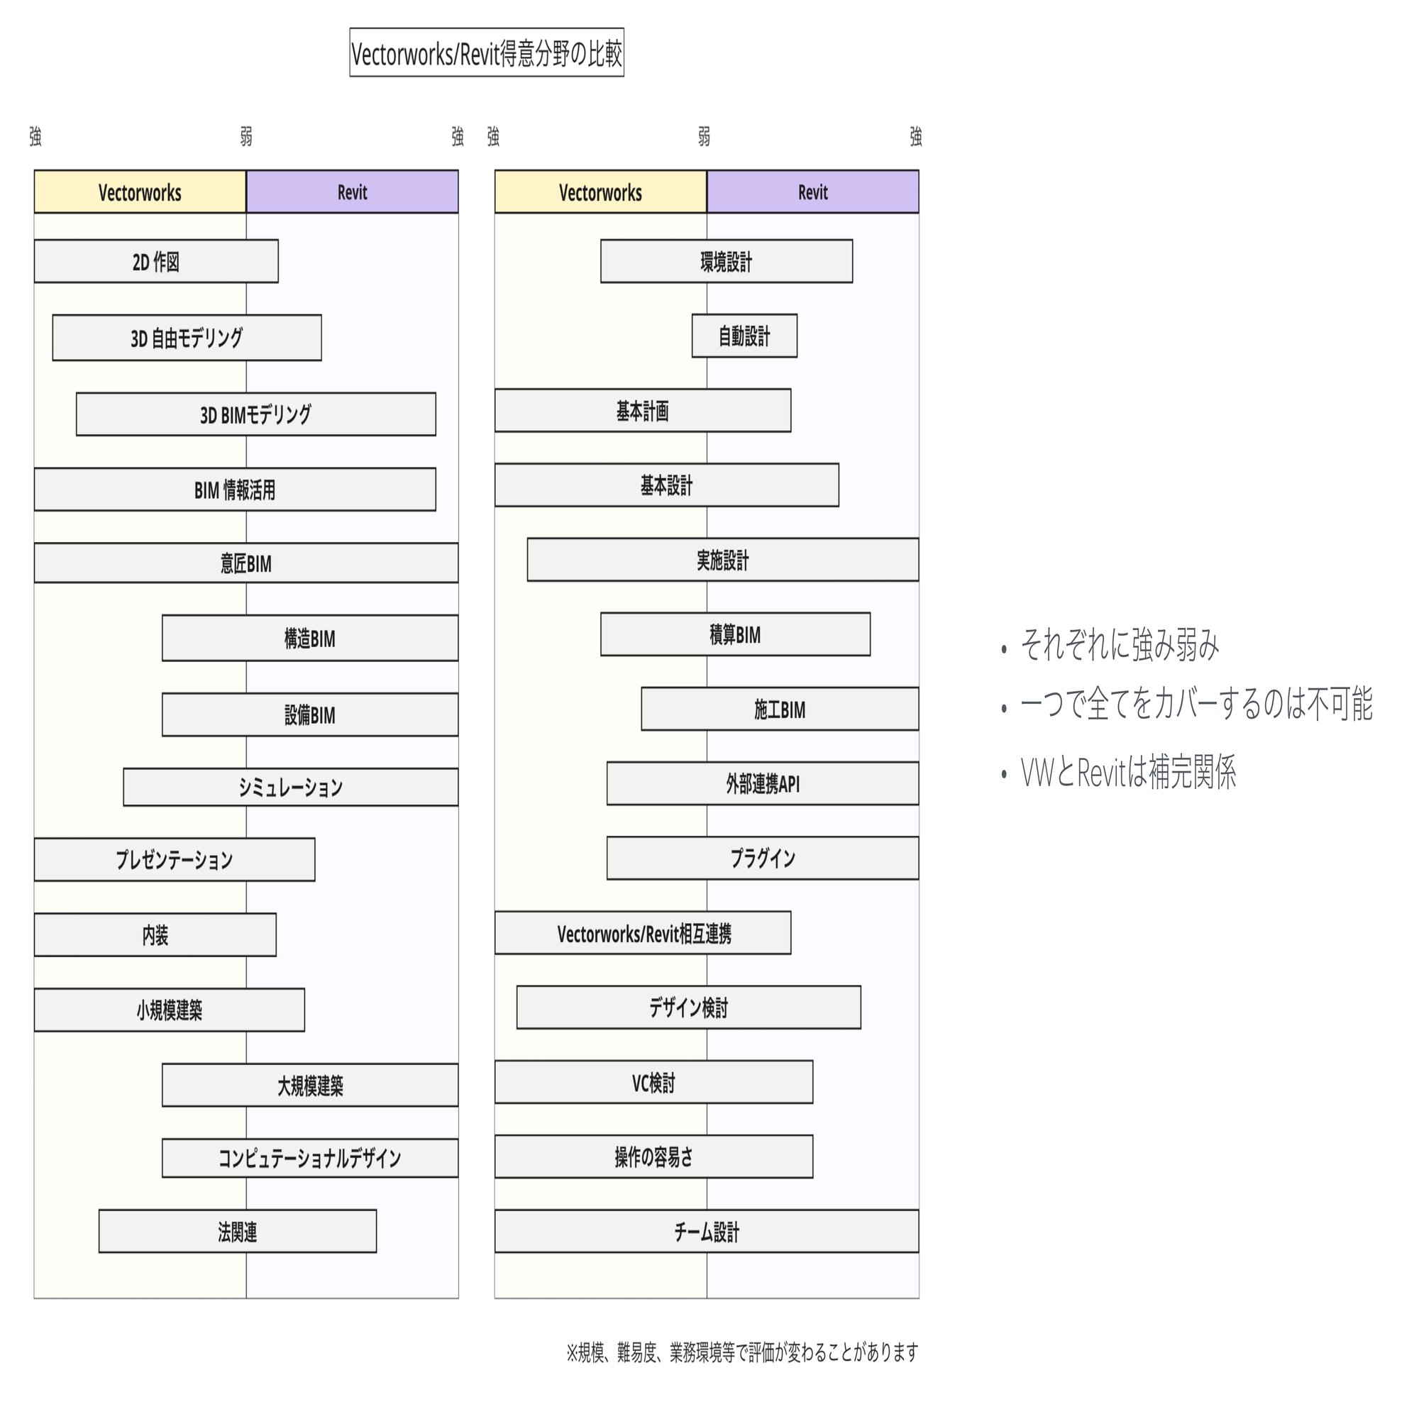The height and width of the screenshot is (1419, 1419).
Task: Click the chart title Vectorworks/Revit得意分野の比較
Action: pos(486,53)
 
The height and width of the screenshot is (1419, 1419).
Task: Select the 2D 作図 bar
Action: pos(155,262)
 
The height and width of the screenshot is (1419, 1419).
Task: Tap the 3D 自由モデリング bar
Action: pos(187,338)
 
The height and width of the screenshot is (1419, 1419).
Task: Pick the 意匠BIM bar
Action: pos(246,563)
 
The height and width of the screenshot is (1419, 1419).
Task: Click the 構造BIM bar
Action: pos(310,639)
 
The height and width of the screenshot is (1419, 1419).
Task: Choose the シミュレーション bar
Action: pos(290,788)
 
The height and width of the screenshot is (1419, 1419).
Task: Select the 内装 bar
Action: pos(155,935)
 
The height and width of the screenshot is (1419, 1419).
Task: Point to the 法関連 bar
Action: pos(237,1232)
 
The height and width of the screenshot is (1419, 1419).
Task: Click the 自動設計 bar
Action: pos(744,336)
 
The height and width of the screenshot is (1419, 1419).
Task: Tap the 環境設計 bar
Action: pos(727,262)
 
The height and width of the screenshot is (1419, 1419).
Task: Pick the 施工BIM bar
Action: pos(779,709)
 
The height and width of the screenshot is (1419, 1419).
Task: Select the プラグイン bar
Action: pos(763,858)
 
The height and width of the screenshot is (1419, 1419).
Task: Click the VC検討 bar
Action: pos(653,1083)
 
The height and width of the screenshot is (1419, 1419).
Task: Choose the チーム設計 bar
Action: pos(707,1232)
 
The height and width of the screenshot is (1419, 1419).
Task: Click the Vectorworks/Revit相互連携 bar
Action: pos(643,934)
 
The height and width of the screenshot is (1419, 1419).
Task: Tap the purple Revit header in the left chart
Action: pos(353,192)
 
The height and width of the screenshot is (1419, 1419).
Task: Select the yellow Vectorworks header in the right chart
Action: pos(600,192)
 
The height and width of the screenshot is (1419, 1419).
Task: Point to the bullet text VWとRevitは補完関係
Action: pos(1128,773)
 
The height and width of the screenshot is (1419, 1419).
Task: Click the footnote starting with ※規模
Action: pos(742,1352)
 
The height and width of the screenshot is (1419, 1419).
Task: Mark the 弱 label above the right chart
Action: pos(704,137)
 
